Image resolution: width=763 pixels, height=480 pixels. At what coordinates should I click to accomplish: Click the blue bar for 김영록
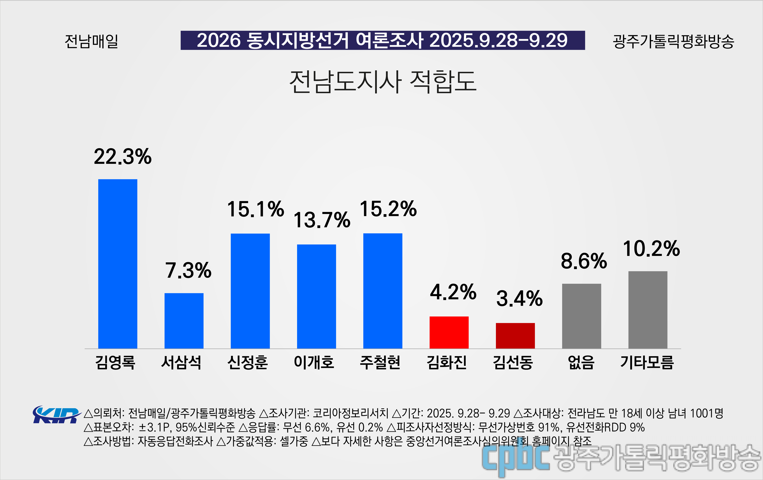pyautogui.click(x=118, y=264)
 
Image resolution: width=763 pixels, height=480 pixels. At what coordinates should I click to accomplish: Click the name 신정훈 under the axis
pyautogui.click(x=247, y=362)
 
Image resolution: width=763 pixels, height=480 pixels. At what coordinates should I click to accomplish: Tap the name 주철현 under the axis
pyautogui.click(x=380, y=362)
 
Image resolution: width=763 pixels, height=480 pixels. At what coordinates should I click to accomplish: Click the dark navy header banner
pyautogui.click(x=382, y=40)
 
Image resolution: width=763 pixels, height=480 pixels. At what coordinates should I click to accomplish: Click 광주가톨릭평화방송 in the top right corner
pyautogui.click(x=673, y=41)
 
